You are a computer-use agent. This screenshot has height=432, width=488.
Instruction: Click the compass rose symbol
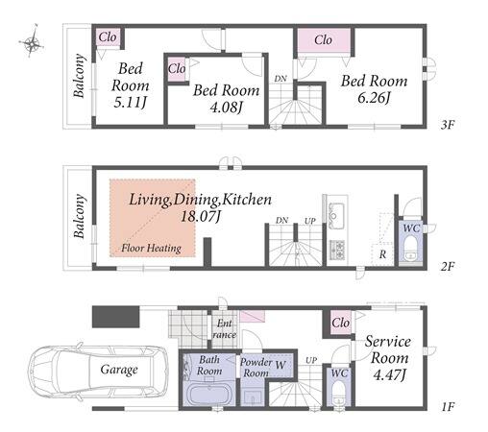click(32, 41)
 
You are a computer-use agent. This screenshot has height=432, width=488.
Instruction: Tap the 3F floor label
click(448, 125)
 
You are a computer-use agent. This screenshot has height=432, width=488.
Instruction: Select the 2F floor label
click(448, 266)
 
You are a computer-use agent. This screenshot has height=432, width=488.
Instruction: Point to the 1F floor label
click(448, 407)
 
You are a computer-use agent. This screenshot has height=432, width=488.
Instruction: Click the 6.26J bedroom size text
click(374, 98)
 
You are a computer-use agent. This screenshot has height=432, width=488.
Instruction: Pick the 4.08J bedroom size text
click(226, 108)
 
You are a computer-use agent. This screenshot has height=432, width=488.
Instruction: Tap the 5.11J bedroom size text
click(130, 103)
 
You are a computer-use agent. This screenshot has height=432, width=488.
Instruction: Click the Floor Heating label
click(151, 248)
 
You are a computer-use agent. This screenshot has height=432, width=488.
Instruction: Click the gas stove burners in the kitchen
click(337, 250)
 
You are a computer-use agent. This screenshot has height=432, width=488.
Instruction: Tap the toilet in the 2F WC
click(410, 249)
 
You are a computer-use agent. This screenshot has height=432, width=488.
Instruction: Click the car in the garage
click(98, 371)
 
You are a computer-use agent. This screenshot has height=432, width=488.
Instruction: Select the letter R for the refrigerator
click(382, 254)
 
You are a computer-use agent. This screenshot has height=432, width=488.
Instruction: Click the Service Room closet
click(340, 323)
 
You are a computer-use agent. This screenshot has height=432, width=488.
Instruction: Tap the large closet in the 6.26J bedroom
click(324, 39)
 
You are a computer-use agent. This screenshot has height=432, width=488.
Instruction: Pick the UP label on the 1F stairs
click(311, 360)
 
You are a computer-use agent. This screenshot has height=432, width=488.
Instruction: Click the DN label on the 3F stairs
click(281, 79)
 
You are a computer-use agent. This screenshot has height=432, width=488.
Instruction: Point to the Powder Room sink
click(253, 397)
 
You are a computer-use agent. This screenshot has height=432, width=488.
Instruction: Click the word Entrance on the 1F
click(224, 329)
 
